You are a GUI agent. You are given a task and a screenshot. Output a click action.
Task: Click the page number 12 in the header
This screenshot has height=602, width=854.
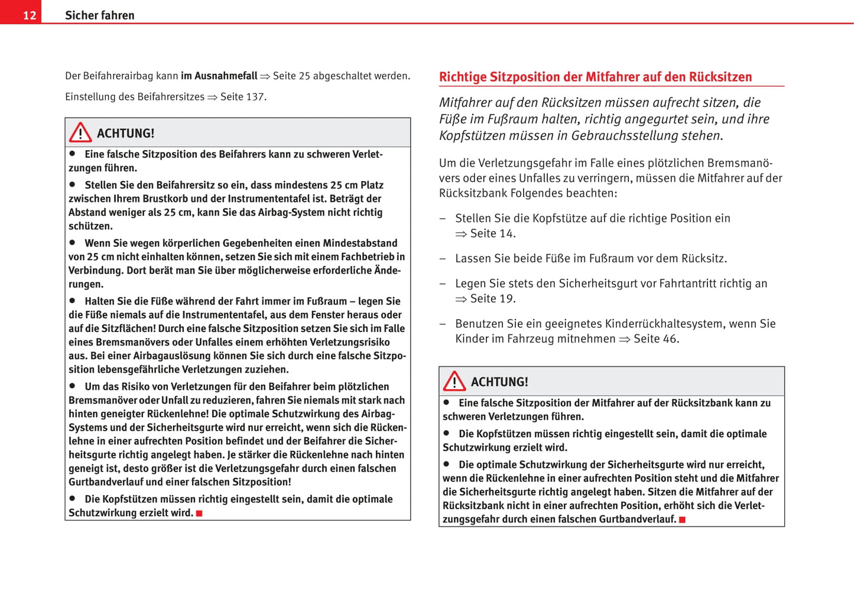pyautogui.click(x=30, y=15)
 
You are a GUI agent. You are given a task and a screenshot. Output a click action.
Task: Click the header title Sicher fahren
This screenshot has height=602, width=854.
pyautogui.click(x=99, y=15)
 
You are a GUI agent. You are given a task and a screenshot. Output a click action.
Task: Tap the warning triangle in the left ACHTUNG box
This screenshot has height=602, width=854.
pyautogui.click(x=80, y=132)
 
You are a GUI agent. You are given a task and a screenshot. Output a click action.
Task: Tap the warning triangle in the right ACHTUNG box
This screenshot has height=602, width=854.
pyautogui.click(x=454, y=381)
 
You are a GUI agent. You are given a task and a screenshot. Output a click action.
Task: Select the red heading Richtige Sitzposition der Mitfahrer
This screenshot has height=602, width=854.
pyautogui.click(x=595, y=77)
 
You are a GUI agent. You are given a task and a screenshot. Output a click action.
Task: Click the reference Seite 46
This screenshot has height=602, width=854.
pyautogui.click(x=655, y=339)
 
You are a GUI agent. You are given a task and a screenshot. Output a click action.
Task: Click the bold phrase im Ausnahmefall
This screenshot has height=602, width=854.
pyautogui.click(x=219, y=76)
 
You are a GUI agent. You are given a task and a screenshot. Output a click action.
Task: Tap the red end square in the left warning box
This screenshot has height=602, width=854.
pyautogui.click(x=199, y=513)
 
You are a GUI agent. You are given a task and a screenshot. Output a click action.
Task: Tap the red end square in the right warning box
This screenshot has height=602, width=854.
pyautogui.click(x=682, y=519)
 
